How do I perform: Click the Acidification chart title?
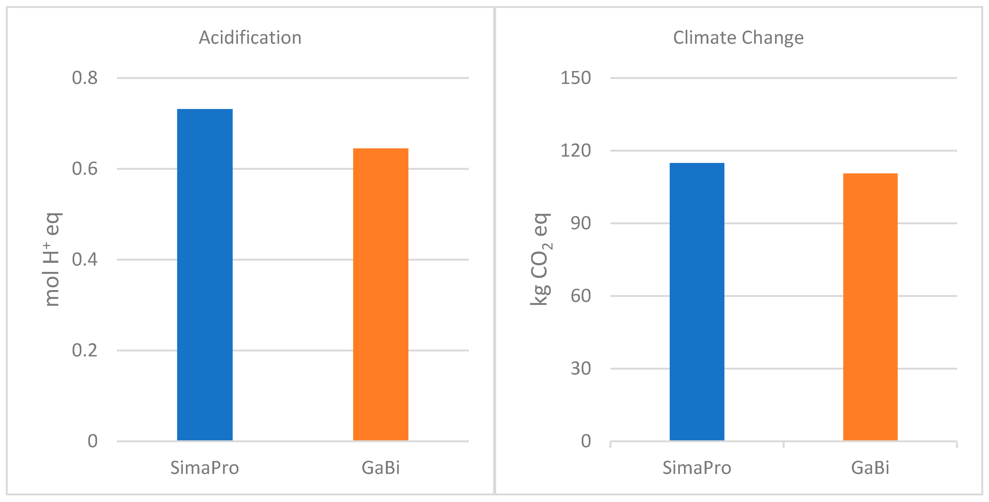250,38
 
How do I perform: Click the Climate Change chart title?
738,38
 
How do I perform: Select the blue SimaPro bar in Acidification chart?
205,275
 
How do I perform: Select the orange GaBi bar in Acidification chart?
380,294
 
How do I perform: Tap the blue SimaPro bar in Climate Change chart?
697,302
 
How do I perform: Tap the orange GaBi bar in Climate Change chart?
870,307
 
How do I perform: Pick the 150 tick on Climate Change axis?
576,78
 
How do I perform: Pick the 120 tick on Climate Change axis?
576,151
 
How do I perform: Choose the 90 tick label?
581,223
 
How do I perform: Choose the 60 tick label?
581,296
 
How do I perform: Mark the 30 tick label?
581,368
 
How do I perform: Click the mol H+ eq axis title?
52,259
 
